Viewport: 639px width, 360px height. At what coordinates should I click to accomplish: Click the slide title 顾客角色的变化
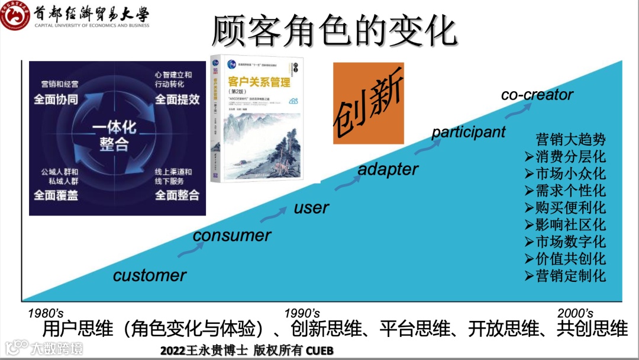tap(334, 31)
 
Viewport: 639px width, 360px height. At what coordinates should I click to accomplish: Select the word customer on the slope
tap(149, 275)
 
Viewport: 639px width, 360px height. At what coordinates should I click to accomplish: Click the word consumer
tap(232, 235)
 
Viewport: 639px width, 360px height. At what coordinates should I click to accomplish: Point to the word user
tap(311, 208)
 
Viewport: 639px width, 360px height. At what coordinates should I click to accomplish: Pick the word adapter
tap(388, 169)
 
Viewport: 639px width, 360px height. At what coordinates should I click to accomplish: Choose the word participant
tap(468, 132)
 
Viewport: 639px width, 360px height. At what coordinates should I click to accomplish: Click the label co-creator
tap(537, 95)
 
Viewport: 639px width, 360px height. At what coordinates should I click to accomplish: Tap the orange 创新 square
tap(368, 103)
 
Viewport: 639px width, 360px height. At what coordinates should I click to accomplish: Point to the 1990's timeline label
tap(302, 313)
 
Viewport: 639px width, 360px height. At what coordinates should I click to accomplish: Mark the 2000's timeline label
tap(575, 313)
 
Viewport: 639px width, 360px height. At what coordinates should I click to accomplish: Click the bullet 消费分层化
tap(565, 157)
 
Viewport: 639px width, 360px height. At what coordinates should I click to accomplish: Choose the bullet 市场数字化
tap(565, 242)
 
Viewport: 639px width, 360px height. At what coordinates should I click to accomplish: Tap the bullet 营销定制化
tap(565, 275)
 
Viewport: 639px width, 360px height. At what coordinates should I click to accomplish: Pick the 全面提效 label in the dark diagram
tap(177, 98)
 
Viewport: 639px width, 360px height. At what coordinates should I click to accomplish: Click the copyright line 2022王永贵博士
tap(247, 351)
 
